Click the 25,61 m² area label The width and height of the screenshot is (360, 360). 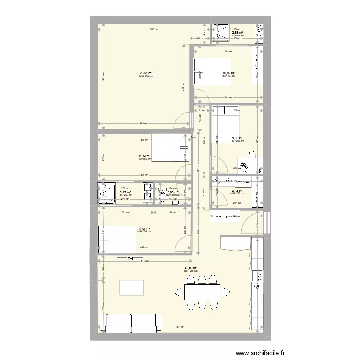tap(146, 73)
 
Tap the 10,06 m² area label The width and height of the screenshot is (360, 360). tap(228, 73)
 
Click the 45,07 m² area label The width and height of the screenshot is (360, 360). tap(191, 269)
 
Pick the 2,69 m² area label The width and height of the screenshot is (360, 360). tap(237, 33)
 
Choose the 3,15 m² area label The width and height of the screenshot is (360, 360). tap(125, 192)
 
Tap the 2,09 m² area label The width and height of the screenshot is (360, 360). tap(172, 192)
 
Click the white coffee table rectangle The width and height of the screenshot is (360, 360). tap(132, 288)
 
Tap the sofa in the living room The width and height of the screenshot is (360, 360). tap(131, 323)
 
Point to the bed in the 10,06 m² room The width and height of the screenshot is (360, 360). tap(212, 71)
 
